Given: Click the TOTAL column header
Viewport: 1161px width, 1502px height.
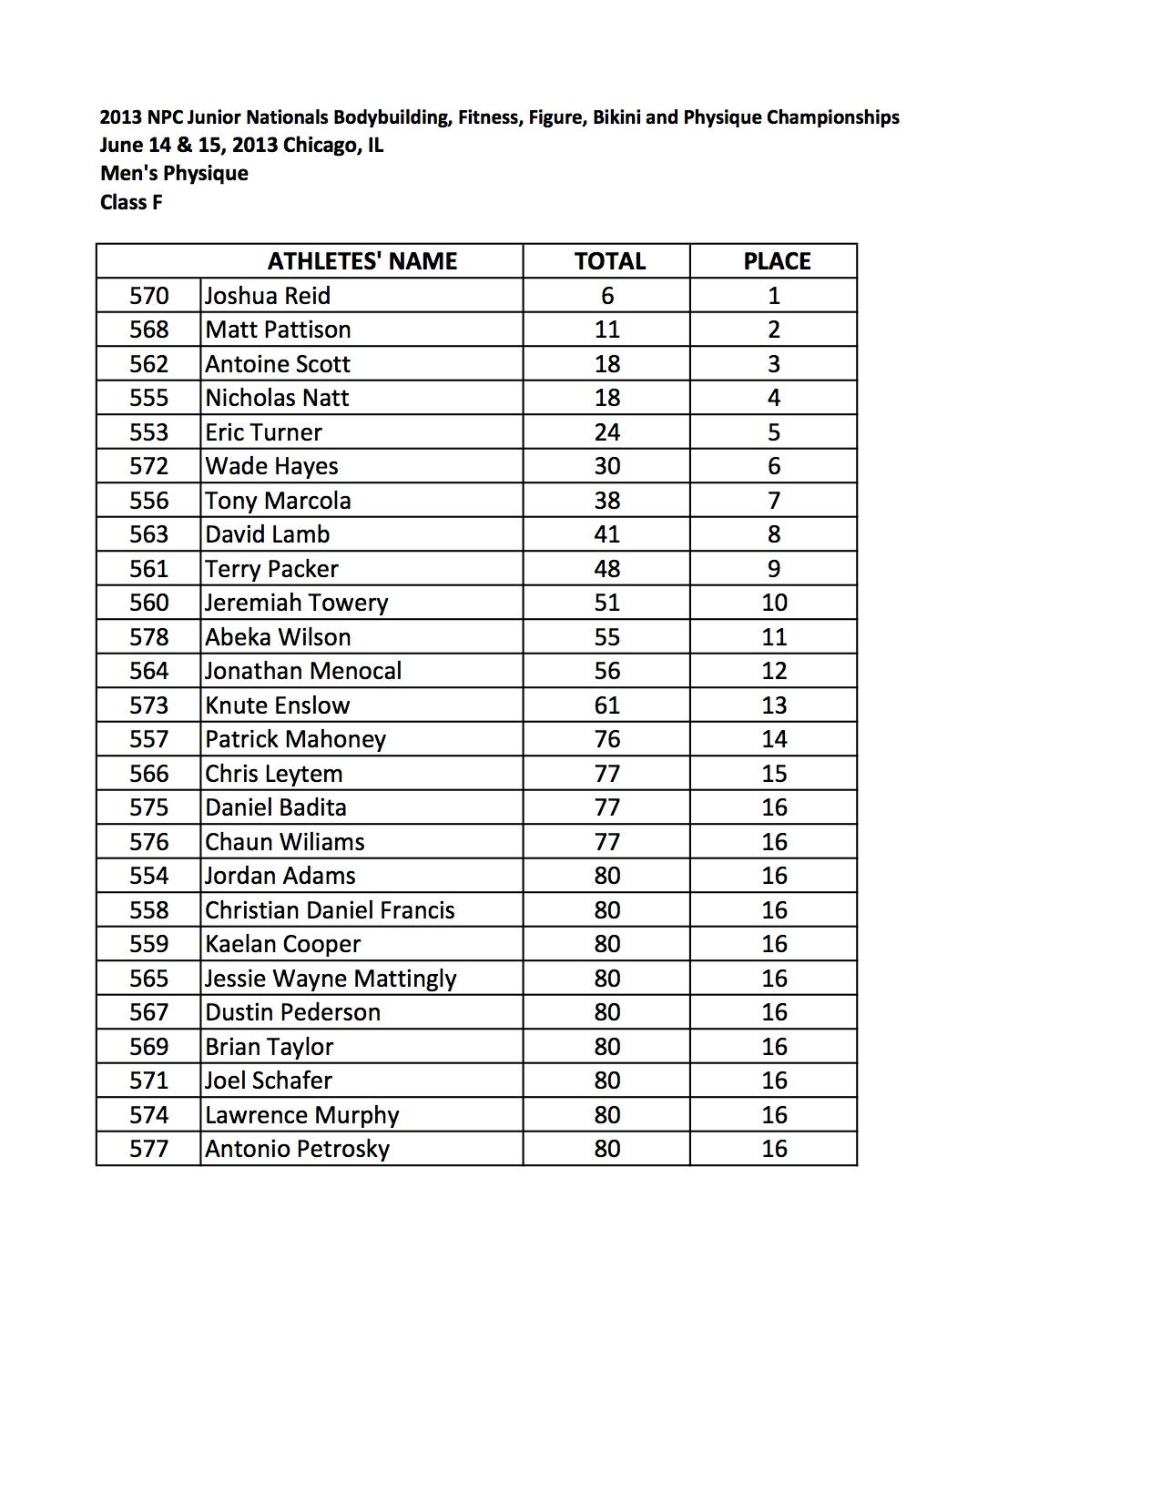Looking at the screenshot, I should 609,261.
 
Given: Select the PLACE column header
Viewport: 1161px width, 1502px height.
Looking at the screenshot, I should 776,261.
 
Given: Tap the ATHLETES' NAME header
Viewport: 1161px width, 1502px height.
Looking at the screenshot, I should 362,261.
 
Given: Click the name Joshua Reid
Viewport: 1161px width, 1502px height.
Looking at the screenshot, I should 267,296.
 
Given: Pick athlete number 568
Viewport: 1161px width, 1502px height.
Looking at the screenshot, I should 148,330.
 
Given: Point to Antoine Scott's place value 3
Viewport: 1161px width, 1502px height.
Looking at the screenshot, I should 773,364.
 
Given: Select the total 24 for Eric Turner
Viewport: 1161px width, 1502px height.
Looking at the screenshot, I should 606,432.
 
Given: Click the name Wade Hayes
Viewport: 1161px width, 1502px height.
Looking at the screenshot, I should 271,466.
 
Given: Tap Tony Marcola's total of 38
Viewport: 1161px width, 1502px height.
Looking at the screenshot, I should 606,501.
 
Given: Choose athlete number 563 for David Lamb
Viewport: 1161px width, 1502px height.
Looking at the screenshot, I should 148,534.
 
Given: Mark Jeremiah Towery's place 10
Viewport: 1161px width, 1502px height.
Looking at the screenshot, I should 774,603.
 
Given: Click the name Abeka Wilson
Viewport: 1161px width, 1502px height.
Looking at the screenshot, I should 278,637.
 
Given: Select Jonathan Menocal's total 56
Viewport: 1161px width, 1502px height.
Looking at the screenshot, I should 606,671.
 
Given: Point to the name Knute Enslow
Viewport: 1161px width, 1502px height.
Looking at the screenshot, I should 277,705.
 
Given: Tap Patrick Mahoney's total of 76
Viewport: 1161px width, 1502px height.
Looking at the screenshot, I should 606,739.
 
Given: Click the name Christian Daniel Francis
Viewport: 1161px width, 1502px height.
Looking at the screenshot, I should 330,910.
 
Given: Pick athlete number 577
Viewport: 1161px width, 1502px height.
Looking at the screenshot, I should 148,1149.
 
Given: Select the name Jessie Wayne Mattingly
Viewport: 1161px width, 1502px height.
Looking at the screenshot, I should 331,979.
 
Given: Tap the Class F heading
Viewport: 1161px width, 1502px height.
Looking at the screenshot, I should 131,202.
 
